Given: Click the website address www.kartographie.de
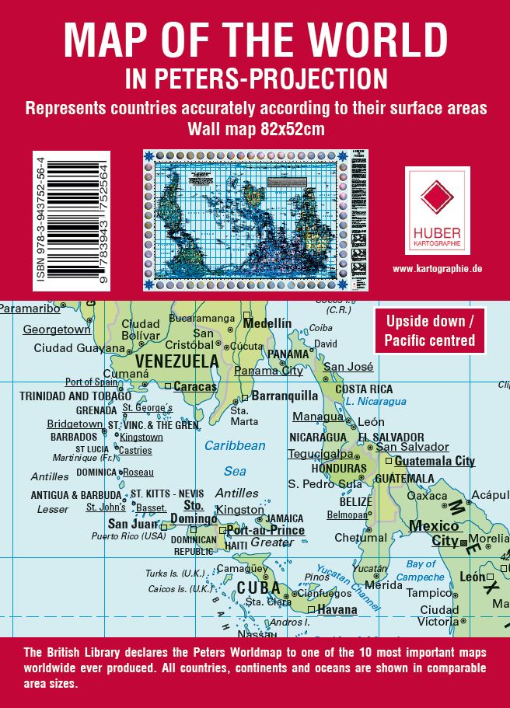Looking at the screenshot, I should tap(438, 268).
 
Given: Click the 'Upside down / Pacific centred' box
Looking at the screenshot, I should tap(430, 330).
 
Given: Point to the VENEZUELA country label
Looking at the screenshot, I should tap(177, 361).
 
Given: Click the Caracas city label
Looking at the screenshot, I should tap(194, 386).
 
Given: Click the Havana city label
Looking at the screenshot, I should tap(337, 609).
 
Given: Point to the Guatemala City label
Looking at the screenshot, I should tap(435, 461).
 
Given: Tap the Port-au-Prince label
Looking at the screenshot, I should tap(266, 531).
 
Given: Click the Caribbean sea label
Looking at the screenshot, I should tap(235, 446).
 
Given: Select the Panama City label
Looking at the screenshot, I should tap(268, 371).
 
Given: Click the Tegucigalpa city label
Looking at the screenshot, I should tap(320, 454).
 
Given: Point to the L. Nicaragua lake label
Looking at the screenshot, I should tap(376, 402).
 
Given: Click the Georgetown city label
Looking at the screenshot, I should tap(57, 330).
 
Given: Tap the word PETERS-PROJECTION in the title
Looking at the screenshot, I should tap(291, 78).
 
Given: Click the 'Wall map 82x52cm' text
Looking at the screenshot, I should tap(256, 128).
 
